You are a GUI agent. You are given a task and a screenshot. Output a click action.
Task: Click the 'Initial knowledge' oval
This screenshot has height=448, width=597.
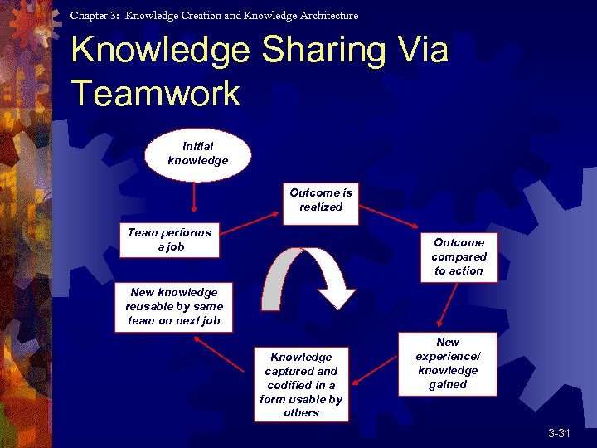pyautogui.click(x=197, y=154)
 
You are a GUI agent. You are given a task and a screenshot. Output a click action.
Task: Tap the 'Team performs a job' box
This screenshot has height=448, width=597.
pyautogui.click(x=169, y=241)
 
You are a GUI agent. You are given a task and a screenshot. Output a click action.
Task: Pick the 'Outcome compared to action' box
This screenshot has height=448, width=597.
pyautogui.click(x=459, y=256)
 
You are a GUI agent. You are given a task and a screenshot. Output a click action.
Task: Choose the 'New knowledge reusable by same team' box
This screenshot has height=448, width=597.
pyautogui.click(x=174, y=307)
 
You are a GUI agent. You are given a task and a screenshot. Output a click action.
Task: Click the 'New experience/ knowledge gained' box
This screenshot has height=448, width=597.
pyautogui.click(x=448, y=363)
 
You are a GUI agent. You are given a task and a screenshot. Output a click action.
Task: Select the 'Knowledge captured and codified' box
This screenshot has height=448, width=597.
pyautogui.click(x=301, y=384)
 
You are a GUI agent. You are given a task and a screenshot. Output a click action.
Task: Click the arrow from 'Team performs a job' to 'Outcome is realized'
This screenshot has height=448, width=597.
pyautogui.click(x=249, y=224)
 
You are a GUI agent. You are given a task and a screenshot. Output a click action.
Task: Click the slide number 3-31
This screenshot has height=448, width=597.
pyautogui.click(x=559, y=434)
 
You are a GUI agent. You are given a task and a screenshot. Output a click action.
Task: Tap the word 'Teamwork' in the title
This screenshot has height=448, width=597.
pyautogui.click(x=155, y=92)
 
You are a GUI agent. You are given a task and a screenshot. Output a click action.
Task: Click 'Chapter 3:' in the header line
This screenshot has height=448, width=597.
pyautogui.click(x=95, y=15)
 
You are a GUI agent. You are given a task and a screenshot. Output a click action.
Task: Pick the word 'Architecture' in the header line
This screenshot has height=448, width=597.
pyautogui.click(x=329, y=15)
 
